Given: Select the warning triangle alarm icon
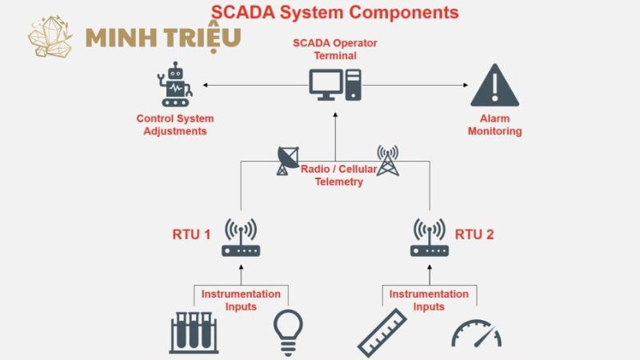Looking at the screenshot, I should [494, 86].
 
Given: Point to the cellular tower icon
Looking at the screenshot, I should [387, 160].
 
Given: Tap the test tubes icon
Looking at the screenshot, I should [193, 332].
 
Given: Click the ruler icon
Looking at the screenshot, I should [382, 332].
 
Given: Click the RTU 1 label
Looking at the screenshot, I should [191, 235].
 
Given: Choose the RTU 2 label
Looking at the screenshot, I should [474, 235].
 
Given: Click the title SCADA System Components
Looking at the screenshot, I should [334, 12].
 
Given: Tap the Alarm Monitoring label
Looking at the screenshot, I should [494, 125].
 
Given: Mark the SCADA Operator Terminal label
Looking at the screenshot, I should [335, 49].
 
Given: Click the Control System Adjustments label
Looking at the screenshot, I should [175, 125].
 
